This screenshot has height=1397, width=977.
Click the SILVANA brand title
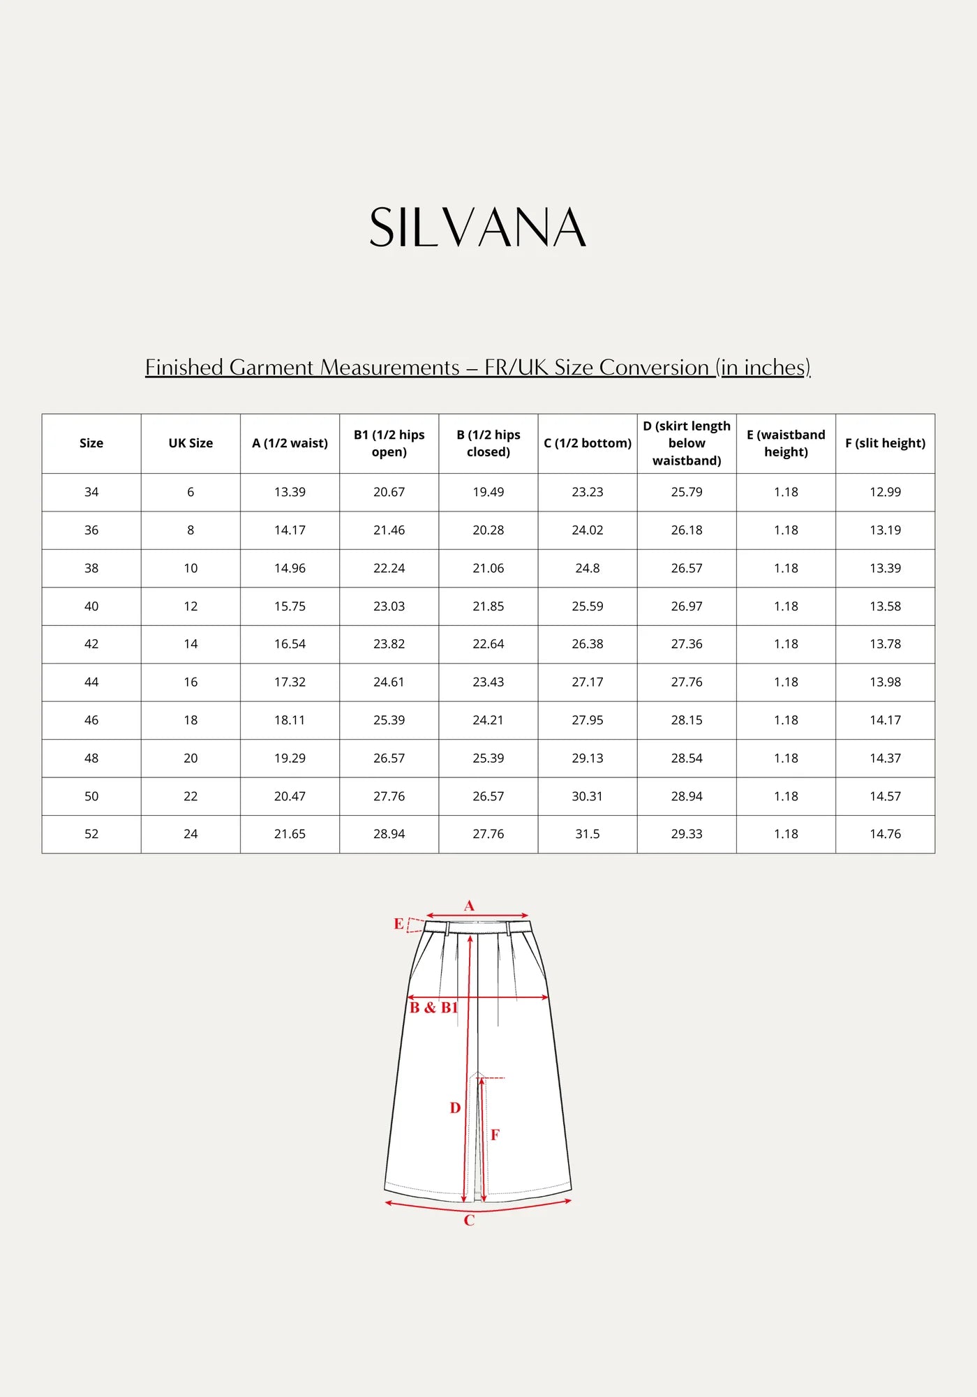pyautogui.click(x=478, y=227)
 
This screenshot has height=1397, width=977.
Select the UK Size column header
pyautogui.click(x=191, y=443)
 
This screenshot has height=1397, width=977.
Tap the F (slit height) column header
pyautogui.click(x=885, y=443)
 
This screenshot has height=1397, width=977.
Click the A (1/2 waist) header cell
pyautogui.click(x=290, y=443)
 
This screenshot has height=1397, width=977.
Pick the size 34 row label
pyautogui.click(x=91, y=492)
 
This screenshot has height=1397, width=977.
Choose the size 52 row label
pyautogui.click(x=91, y=834)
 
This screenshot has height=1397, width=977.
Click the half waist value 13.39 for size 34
pyautogui.click(x=290, y=492)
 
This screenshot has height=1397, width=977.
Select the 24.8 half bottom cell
pyautogui.click(x=588, y=568)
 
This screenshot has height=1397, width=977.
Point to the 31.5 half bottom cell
pyautogui.click(x=588, y=834)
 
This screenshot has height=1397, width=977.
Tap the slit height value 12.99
pyautogui.click(x=885, y=492)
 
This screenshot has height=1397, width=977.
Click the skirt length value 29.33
pyautogui.click(x=687, y=834)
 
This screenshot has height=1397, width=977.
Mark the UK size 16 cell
pyautogui.click(x=191, y=682)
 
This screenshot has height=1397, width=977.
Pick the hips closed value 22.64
pyautogui.click(x=488, y=644)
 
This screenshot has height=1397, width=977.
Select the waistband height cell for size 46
pyautogui.click(x=786, y=720)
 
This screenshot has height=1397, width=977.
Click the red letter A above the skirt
pyautogui.click(x=469, y=906)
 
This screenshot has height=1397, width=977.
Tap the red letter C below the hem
pyautogui.click(x=469, y=1220)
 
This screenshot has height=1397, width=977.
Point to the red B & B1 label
pyautogui.click(x=433, y=1008)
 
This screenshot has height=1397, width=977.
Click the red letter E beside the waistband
pyautogui.click(x=398, y=924)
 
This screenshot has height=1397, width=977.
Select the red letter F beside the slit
pyautogui.click(x=495, y=1135)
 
